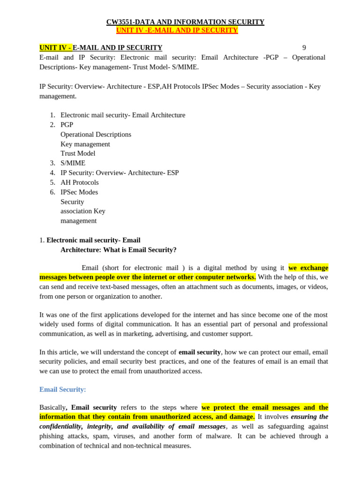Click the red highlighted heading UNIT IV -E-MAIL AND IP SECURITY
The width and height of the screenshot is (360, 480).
[x=177, y=30]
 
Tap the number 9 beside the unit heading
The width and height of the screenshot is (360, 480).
[x=304, y=48]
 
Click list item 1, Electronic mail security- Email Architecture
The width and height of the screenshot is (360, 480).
[x=123, y=115]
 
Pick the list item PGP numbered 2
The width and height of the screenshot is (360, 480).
[x=67, y=125]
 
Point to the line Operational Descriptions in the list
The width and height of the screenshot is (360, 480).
[x=96, y=135]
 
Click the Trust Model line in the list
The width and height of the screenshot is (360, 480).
[x=78, y=153]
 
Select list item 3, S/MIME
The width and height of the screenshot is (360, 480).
[x=73, y=163]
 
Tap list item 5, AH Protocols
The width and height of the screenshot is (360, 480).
[x=80, y=182]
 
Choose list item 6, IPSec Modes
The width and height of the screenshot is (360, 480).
[x=79, y=192]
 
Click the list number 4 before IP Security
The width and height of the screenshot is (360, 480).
[x=53, y=173]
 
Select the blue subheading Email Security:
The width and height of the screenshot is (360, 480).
[x=63, y=390]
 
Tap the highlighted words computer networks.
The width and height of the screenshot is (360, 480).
[x=225, y=277]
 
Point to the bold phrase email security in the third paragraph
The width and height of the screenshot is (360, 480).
[x=200, y=352]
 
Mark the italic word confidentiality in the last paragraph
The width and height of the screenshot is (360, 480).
[x=60, y=427]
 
